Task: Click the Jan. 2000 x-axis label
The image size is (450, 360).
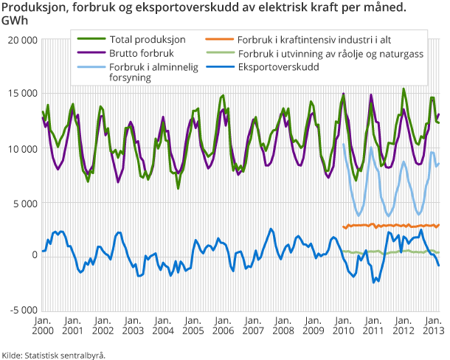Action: click(x=42, y=325)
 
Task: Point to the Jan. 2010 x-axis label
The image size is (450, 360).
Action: click(x=342, y=325)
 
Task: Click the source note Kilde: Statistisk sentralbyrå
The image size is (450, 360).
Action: click(x=53, y=354)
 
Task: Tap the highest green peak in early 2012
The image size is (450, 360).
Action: click(x=404, y=89)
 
